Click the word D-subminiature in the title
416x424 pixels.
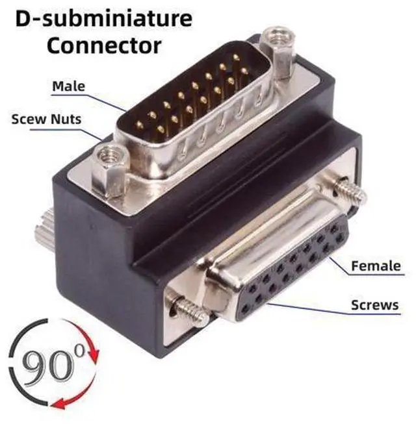(104, 18)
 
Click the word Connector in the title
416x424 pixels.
(104, 45)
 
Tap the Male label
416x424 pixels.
(69, 86)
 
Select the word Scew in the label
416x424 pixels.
(29, 119)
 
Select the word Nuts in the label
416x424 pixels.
(66, 119)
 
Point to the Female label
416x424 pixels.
(376, 266)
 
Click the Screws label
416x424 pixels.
(375, 305)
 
